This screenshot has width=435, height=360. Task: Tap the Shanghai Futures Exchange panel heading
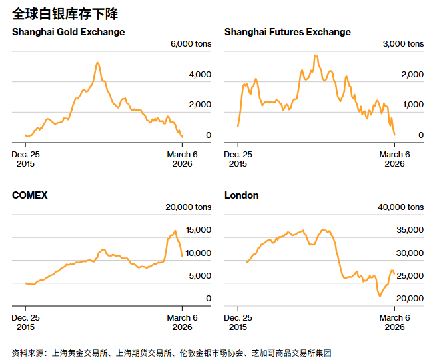click(x=288, y=32)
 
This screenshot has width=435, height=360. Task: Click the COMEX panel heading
click(x=30, y=195)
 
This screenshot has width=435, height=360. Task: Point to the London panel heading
click(x=242, y=195)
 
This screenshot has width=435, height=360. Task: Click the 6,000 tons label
click(x=191, y=44)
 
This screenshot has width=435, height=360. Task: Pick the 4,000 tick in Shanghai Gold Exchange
click(x=200, y=75)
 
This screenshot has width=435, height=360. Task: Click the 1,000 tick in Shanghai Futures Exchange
click(x=413, y=105)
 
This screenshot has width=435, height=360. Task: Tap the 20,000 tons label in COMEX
click(x=189, y=207)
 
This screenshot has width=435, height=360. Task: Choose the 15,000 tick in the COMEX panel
click(x=199, y=230)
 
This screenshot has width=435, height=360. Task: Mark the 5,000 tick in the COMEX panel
click(x=201, y=275)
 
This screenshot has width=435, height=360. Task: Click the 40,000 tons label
click(x=401, y=207)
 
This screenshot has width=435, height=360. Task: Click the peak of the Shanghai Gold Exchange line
click(x=97, y=63)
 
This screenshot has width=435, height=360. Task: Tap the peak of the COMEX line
click(x=175, y=231)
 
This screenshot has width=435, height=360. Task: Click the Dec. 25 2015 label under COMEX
click(x=26, y=322)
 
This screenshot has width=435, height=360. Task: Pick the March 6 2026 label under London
click(x=394, y=322)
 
